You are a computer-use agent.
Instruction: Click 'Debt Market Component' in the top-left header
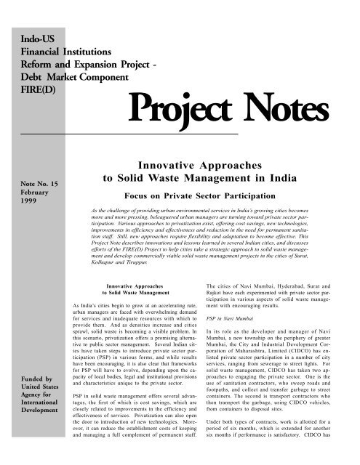60,74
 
